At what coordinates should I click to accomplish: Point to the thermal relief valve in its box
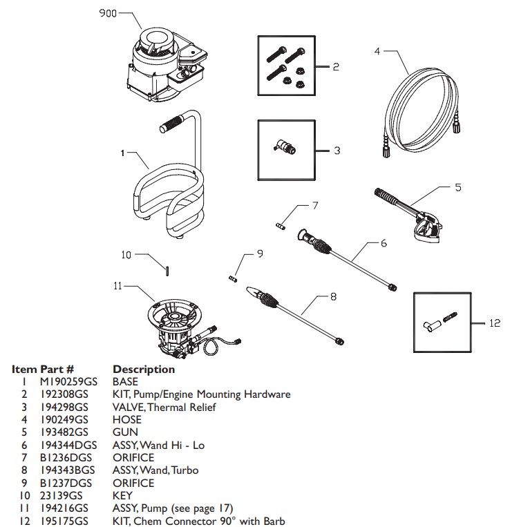284,146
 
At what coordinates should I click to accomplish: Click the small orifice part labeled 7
279,224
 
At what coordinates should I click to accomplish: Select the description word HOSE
126,419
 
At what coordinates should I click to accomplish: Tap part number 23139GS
59,495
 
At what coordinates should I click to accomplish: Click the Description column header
144,369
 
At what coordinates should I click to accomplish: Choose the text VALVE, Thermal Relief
164,407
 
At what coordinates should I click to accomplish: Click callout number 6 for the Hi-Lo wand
384,243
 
